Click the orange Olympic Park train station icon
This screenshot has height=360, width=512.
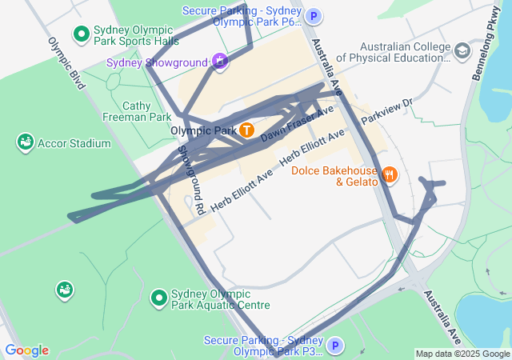(247, 130)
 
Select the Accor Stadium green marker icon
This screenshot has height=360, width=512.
(26, 143)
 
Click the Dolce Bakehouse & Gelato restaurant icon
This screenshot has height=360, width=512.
(390, 174)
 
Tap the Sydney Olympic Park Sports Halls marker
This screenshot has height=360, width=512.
(81, 34)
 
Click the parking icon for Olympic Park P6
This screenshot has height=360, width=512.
(315, 15)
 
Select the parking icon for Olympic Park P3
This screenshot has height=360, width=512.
(336, 346)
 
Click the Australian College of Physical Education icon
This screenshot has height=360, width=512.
(462, 52)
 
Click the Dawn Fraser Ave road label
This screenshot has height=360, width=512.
(297, 125)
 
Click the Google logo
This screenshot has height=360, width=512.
(26, 350)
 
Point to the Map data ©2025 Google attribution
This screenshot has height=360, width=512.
(462, 354)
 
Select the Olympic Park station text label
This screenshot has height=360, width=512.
(203, 130)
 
